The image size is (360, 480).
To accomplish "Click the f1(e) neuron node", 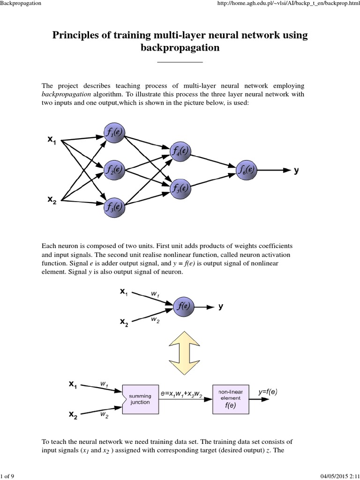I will [113, 132].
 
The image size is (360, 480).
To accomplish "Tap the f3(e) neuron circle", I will [113, 206].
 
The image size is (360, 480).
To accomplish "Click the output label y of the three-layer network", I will [296, 171].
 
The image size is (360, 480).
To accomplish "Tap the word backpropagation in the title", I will [180, 48].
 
